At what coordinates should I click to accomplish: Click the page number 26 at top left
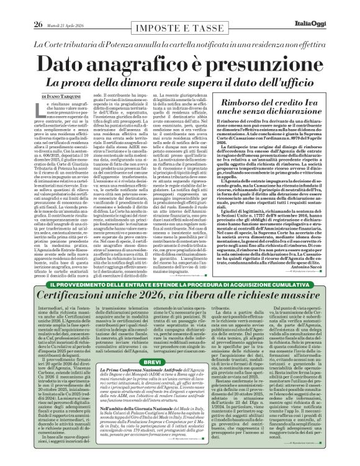20,7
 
